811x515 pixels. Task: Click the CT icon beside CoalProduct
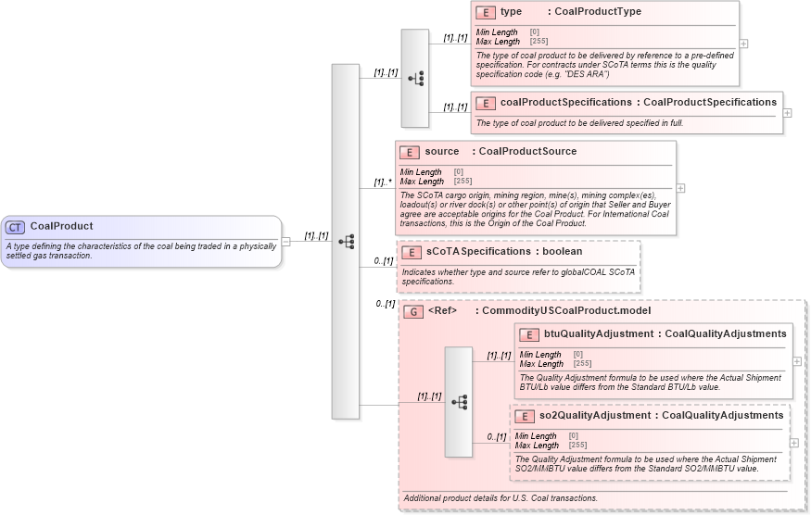[x=15, y=227]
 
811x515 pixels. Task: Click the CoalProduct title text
[x=61, y=226]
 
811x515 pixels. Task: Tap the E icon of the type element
[x=485, y=12]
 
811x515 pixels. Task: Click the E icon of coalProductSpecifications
[x=485, y=103]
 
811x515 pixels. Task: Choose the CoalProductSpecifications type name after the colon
[x=710, y=103]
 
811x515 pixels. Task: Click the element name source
[x=442, y=152]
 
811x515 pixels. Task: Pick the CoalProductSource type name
[x=527, y=152]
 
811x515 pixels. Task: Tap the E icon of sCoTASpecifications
[x=411, y=252]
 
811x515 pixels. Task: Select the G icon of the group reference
[x=412, y=311]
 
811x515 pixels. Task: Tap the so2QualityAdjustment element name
[x=594, y=416]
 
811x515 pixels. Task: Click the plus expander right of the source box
[x=681, y=187]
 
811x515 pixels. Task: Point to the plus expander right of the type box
[x=744, y=44]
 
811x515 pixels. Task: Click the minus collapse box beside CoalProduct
[x=285, y=242]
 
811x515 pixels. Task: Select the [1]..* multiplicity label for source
[x=382, y=182]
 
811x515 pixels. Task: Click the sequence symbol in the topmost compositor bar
[x=415, y=78]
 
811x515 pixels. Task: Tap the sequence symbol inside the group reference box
[x=459, y=402]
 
